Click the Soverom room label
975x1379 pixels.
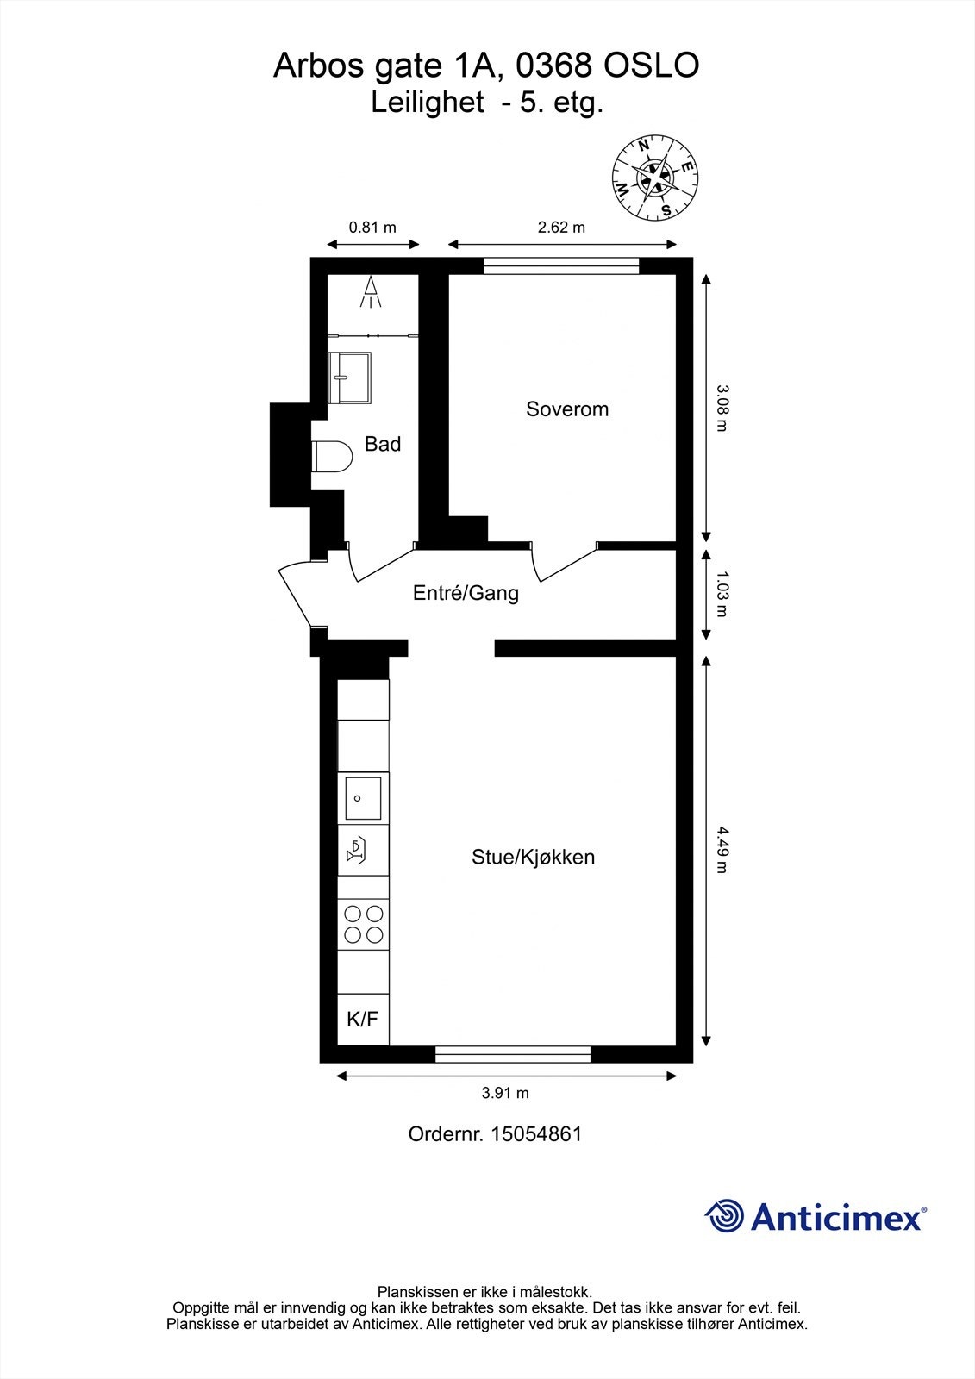pos(567,409)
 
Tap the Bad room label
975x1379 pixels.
pos(383,444)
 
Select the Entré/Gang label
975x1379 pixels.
pos(466,593)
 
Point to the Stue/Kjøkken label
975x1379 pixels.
pos(533,857)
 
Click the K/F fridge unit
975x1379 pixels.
pos(363,1020)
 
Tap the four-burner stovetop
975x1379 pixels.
pos(363,923)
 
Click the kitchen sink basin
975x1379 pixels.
pos(363,798)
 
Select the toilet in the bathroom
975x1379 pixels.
pos(332,456)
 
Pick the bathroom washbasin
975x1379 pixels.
pos(349,377)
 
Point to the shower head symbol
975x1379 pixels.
pos(371,291)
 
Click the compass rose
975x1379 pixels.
pos(655,178)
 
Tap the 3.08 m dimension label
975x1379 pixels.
pos(722,408)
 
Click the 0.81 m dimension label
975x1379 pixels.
pos(372,228)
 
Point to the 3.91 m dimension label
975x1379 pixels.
pos(505,1093)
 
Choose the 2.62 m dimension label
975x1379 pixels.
pos(561,228)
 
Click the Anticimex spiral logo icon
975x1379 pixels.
pos(725,1216)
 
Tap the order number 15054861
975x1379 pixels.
pos(536,1133)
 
